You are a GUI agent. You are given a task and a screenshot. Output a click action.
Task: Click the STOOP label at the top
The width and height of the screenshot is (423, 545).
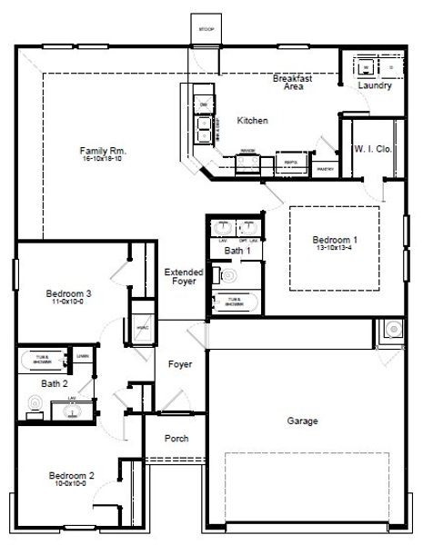pyautogui.click(x=205, y=28)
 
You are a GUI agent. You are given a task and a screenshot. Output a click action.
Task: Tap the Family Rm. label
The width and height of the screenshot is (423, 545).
pyautogui.click(x=102, y=150)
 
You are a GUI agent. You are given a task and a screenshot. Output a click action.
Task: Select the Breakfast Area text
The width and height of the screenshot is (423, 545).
pyautogui.click(x=293, y=83)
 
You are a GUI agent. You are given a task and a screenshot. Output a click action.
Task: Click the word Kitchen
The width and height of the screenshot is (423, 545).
pyautogui.click(x=252, y=120)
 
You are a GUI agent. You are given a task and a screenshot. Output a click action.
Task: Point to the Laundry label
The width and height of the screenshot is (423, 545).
pyautogui.click(x=374, y=86)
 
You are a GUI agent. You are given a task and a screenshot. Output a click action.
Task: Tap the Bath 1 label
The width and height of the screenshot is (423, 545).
pyautogui.click(x=237, y=250)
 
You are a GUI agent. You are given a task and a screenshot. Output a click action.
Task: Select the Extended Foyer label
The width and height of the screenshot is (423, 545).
pyautogui.click(x=183, y=276)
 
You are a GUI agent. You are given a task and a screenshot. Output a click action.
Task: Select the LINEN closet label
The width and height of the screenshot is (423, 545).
pyautogui.click(x=82, y=355)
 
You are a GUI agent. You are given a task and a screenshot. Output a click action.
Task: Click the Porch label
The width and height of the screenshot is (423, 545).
pyautogui.click(x=176, y=439)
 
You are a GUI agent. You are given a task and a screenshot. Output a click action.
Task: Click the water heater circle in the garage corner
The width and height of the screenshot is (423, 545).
pyautogui.click(x=394, y=330)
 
